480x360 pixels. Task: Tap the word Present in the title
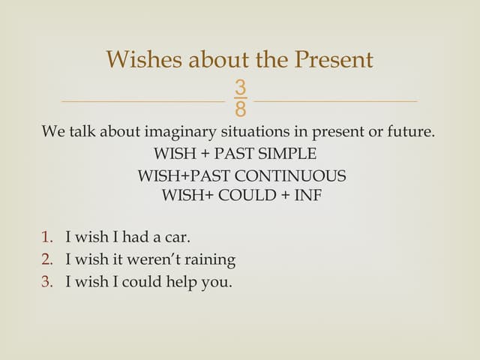331,59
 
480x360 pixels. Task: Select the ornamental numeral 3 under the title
240,87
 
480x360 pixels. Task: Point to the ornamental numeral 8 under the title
240,109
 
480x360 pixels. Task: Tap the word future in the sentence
410,132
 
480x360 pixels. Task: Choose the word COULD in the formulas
247,196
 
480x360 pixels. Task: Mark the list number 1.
47,238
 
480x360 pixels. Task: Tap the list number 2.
47,260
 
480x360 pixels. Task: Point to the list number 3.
47,283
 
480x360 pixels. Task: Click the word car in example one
177,238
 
